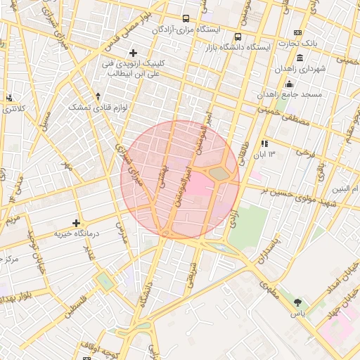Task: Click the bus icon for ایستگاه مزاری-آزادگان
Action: pyautogui.click(x=186, y=19)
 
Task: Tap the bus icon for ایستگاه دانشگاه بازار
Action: pyautogui.click(x=238, y=37)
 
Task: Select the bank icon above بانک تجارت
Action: pyautogui.click(x=298, y=33)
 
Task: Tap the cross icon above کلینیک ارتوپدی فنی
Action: pyautogui.click(x=133, y=53)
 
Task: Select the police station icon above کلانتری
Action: pyautogui.click(x=10, y=98)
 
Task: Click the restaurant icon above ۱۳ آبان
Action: pyautogui.click(x=264, y=143)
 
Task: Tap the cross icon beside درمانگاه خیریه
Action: pyautogui.click(x=77, y=223)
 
